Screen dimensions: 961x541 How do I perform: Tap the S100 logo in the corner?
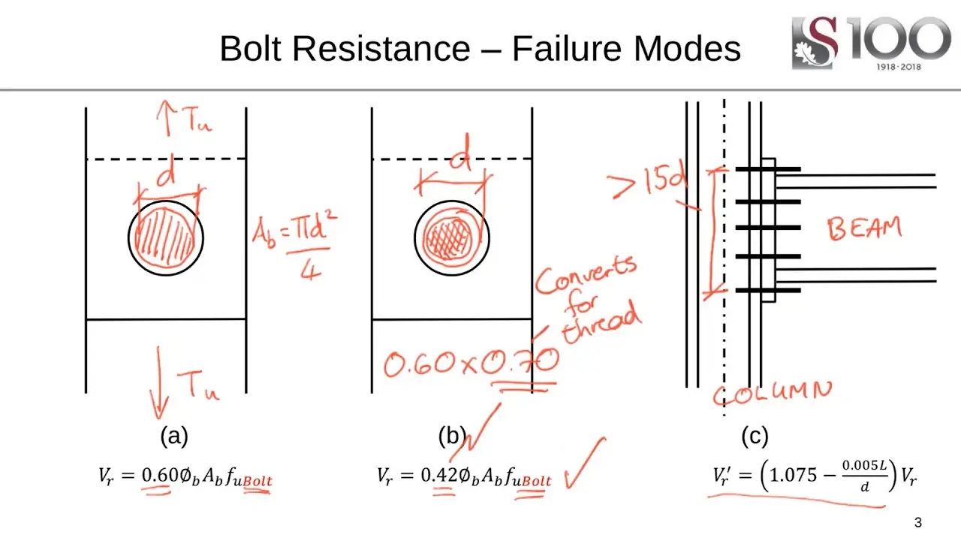click(x=871, y=43)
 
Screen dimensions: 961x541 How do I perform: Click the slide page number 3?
click(x=917, y=522)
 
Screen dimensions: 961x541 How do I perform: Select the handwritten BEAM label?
click(x=864, y=228)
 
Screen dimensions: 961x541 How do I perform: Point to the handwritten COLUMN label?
click(x=773, y=394)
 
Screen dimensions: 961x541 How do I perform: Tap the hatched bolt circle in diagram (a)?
click(x=166, y=238)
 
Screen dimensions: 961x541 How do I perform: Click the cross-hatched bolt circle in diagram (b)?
click(x=451, y=238)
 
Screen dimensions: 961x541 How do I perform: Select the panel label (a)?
click(x=174, y=437)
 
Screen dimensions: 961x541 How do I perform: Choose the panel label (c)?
click(x=755, y=437)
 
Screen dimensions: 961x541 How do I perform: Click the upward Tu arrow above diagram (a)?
click(x=164, y=118)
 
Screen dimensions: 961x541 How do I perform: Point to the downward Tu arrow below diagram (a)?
click(x=158, y=383)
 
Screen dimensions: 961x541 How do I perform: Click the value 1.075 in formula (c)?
click(x=794, y=476)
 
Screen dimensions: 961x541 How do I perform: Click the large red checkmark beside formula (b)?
click(x=585, y=463)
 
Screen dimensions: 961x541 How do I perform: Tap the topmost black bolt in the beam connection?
click(x=768, y=169)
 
